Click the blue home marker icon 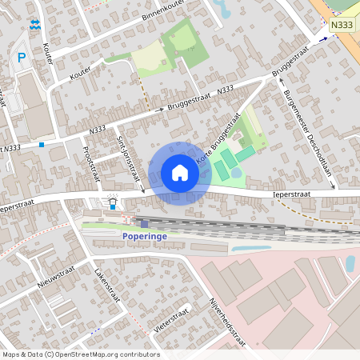(180, 173)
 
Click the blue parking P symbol (22, 57)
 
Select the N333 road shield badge (342, 26)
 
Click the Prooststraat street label (90, 164)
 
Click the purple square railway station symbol (145, 223)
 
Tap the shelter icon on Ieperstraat (113, 196)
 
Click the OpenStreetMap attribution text (80, 354)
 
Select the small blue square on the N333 (41, 145)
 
